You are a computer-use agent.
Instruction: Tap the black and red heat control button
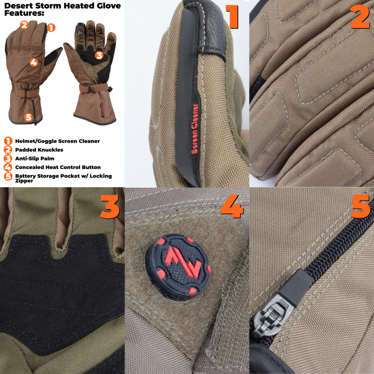[178, 266]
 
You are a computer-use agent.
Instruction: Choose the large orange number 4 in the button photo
[232, 206]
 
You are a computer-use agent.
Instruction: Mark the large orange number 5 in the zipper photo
[360, 206]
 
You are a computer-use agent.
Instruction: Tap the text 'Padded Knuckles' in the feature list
[39, 150]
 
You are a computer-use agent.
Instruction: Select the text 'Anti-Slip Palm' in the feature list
[35, 159]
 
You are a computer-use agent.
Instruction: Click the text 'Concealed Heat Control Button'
[58, 167]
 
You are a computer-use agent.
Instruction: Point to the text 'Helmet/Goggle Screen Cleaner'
[57, 141]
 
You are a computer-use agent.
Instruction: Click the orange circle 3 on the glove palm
[99, 56]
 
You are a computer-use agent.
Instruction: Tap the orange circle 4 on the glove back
[34, 62]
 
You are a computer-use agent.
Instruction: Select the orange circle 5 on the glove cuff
[28, 117]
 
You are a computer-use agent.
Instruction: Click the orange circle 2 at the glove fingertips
[24, 25]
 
